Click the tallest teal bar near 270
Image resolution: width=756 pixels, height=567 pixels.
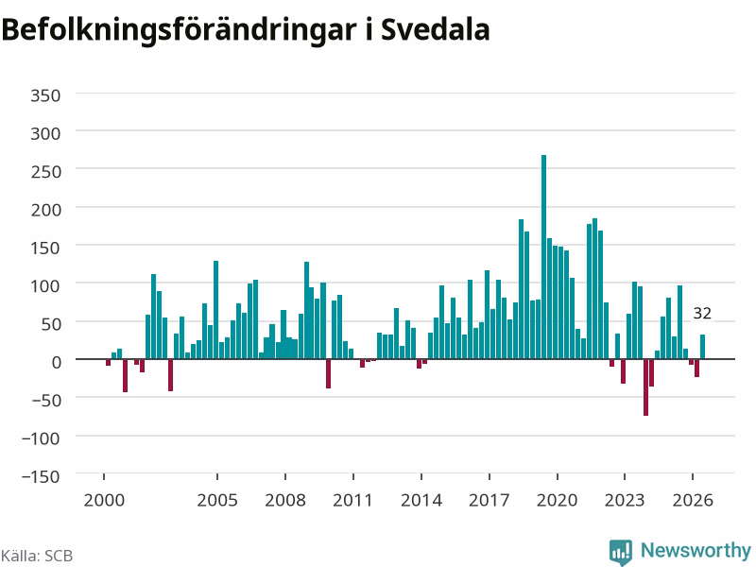point(544,257)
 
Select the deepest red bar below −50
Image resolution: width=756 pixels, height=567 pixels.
point(645,387)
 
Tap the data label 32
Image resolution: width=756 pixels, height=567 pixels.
point(702,314)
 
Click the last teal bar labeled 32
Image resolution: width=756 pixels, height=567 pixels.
point(702,347)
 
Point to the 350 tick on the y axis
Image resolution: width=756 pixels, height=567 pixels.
point(45,95)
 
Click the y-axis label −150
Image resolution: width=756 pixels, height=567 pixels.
point(41,476)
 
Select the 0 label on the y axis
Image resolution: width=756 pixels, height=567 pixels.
point(57,362)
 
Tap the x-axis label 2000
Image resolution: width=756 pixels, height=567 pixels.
point(104,500)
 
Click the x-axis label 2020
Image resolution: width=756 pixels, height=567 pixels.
point(557,500)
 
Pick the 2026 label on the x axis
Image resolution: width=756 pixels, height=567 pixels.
point(693,500)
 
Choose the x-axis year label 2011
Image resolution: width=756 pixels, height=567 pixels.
point(352,500)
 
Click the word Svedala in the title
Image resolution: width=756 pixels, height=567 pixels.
point(436,30)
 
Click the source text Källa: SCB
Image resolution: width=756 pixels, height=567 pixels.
point(37,556)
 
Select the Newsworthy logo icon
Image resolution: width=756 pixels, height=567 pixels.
point(621,552)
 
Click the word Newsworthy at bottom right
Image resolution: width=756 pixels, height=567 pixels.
point(696,550)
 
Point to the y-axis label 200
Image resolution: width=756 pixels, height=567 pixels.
point(45,210)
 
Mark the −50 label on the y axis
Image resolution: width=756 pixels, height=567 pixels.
point(45,400)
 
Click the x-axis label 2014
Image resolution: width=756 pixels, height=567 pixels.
point(421,500)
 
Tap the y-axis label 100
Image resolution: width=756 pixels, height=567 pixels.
point(45,286)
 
